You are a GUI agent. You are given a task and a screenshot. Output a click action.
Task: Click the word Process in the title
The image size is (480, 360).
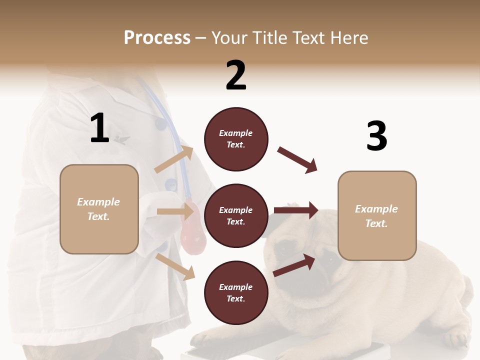click(x=157, y=38)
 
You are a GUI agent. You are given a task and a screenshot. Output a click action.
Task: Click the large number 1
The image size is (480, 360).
click(x=99, y=128)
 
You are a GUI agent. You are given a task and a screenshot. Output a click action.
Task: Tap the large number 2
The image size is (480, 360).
click(x=236, y=76)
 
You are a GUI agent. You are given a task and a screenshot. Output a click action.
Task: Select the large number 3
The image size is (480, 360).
click(x=376, y=136)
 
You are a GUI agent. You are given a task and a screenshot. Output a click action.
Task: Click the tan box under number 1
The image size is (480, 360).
click(x=99, y=209)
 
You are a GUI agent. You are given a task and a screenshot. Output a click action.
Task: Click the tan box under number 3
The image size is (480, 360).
click(x=377, y=216)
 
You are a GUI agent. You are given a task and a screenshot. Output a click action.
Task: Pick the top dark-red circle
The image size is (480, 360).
click(x=236, y=139)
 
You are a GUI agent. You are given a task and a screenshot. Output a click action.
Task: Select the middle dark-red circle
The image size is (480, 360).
click(x=236, y=216)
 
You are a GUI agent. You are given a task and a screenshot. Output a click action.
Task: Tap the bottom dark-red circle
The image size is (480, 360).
click(x=236, y=293)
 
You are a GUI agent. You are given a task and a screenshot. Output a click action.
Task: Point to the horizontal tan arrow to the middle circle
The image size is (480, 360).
click(x=175, y=211)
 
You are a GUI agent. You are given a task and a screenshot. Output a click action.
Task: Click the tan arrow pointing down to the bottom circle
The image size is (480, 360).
click(x=175, y=266)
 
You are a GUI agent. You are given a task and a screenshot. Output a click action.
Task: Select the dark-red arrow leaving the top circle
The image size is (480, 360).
click(x=297, y=160)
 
